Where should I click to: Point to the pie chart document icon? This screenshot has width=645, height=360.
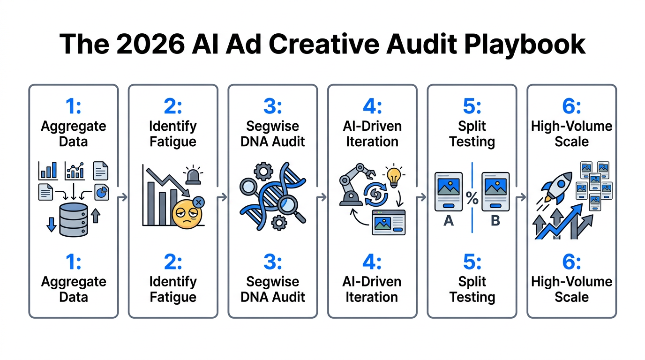point(102,192)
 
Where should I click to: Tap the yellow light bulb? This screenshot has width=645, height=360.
point(394,176)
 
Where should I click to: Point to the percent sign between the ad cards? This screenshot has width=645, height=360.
point(472,199)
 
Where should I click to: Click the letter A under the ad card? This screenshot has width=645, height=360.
point(449,221)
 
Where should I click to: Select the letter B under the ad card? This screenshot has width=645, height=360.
point(495,221)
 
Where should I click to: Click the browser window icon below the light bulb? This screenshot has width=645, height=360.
point(389,222)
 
